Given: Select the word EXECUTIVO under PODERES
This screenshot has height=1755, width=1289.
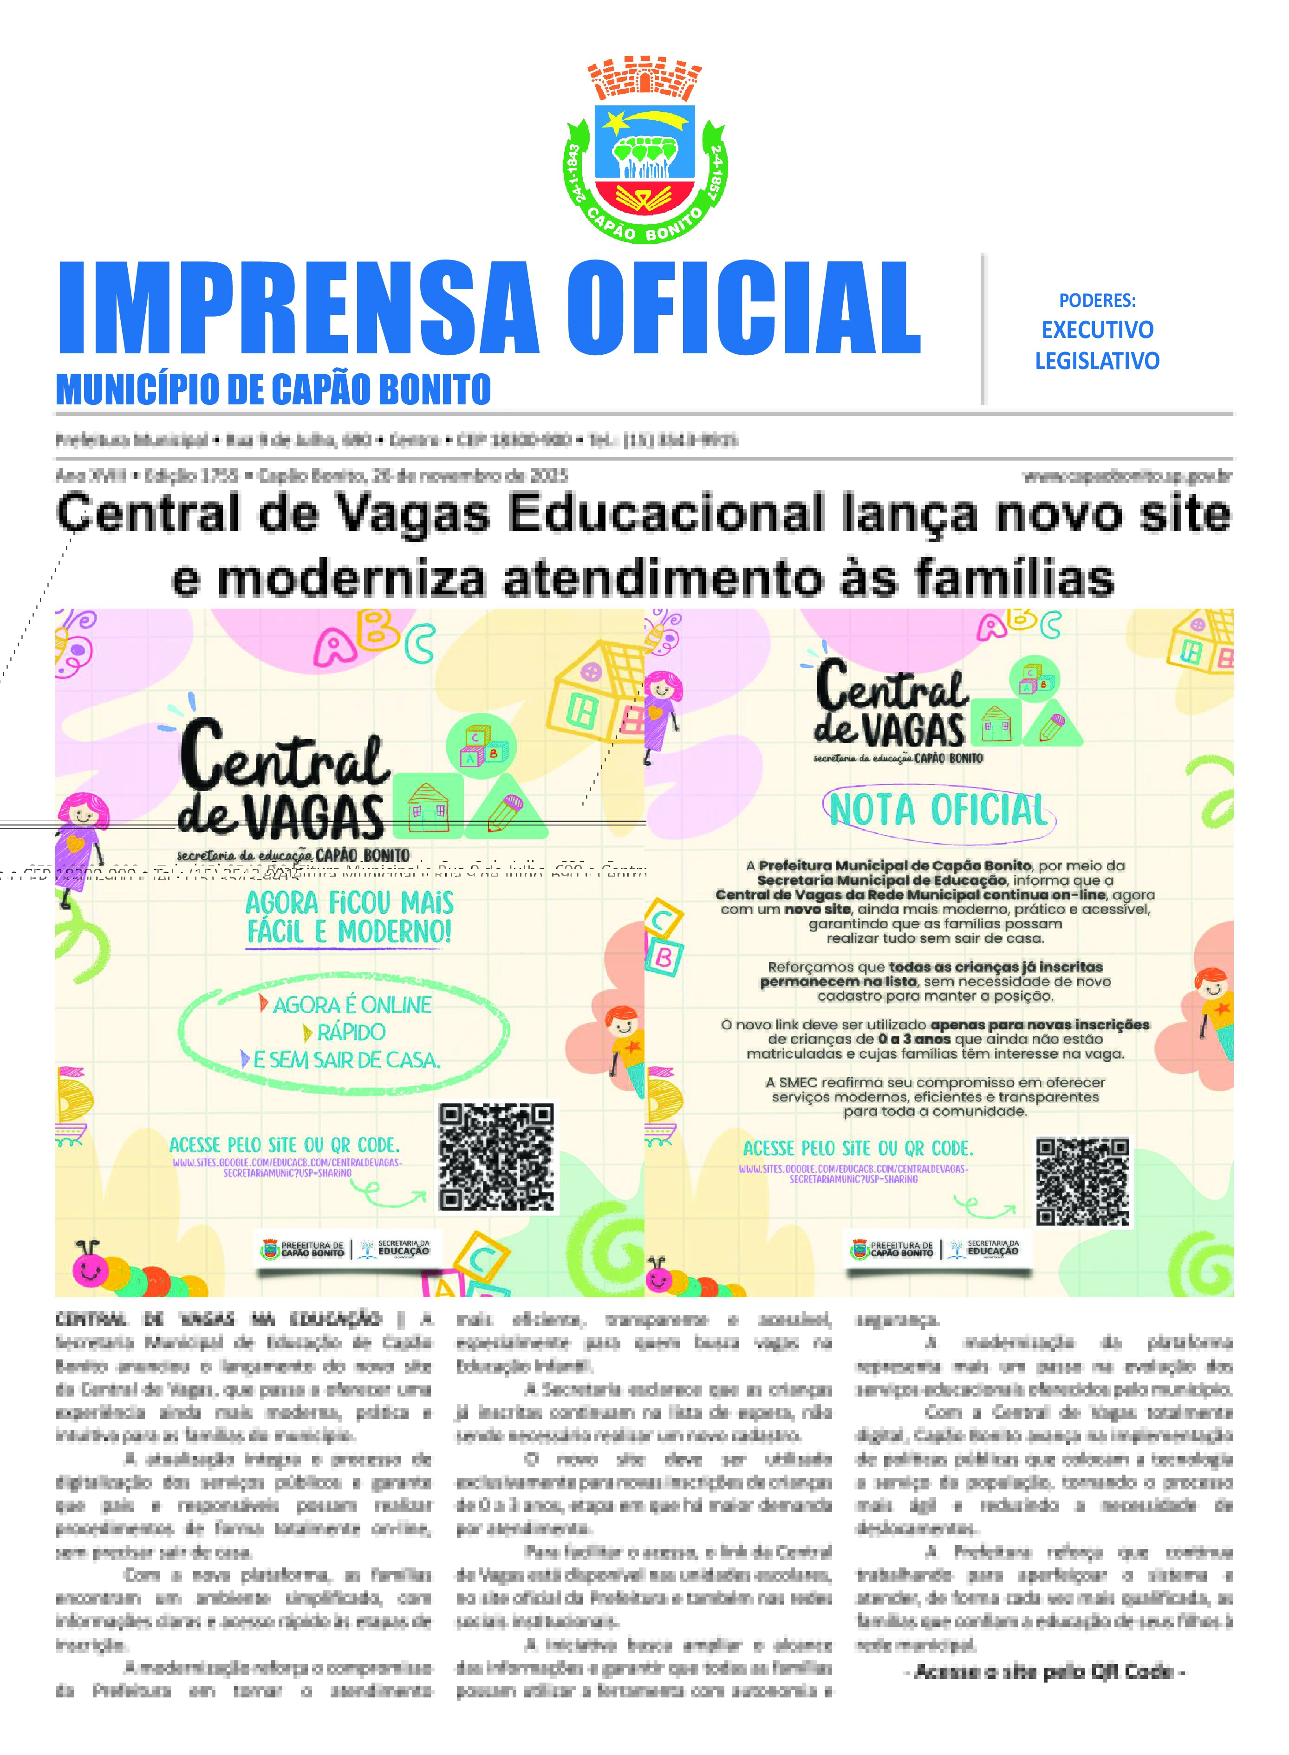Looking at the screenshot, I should pyautogui.click(x=1097, y=330).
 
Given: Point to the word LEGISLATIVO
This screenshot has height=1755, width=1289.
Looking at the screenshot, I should pyautogui.click(x=1097, y=361).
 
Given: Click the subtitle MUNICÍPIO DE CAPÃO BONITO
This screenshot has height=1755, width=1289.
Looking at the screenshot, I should pyautogui.click(x=273, y=389).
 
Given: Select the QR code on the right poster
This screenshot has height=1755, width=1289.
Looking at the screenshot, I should pyautogui.click(x=1083, y=1182).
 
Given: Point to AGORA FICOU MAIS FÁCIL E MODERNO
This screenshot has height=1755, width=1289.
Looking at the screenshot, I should pyautogui.click(x=350, y=917).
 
